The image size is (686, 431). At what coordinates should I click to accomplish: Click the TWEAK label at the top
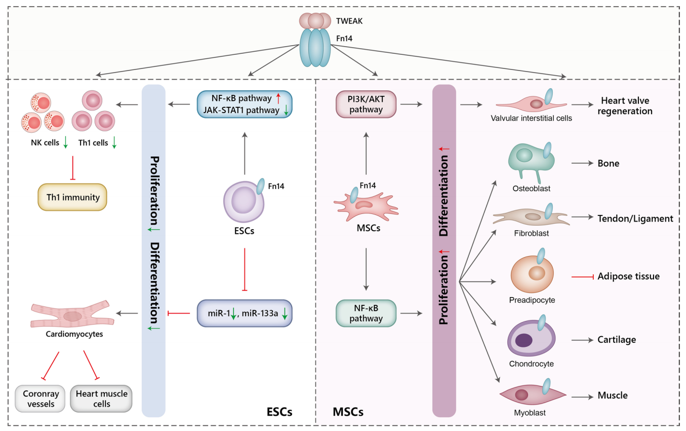point(349,21)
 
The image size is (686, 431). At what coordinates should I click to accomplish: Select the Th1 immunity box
point(72,197)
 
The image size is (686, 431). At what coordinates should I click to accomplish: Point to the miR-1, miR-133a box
point(245,313)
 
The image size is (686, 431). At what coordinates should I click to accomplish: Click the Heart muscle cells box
point(101,399)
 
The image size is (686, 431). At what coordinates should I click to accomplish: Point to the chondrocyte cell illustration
point(531,338)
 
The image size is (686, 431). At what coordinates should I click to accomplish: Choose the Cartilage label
point(617,340)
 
